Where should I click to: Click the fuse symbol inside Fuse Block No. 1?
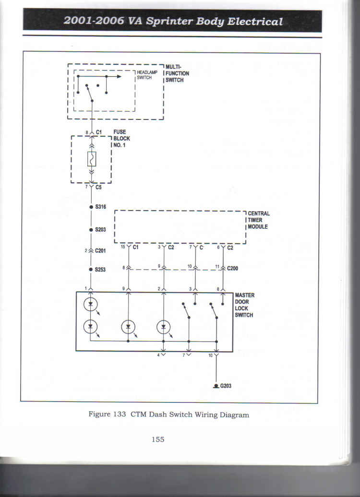pos(92,159)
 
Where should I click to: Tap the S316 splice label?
pos(100,207)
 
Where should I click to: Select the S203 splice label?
pos(100,229)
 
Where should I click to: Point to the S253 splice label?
pos(100,270)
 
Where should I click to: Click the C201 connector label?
pos(100,251)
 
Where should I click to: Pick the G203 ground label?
pos(226,386)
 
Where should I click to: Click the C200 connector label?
pos(232,269)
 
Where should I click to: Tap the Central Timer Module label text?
pos(259,220)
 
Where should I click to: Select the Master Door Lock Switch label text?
pos(244,305)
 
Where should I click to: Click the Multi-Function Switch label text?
pos(177,73)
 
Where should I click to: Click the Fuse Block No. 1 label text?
pos(121,139)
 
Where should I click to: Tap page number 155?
pos(158,439)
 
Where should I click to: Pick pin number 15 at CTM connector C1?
pos(123,246)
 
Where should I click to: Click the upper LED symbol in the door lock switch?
pos(90,304)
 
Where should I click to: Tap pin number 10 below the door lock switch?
pos(210,355)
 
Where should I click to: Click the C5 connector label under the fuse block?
pos(98,187)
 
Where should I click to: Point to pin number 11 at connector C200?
pos(217,267)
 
